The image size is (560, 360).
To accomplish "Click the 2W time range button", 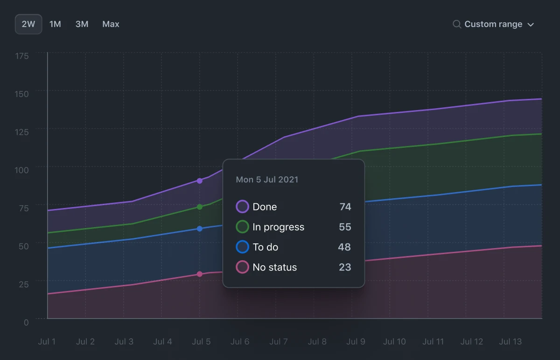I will tap(28, 24).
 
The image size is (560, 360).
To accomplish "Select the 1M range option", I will tap(55, 24).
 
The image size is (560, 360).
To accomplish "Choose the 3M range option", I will tap(82, 24).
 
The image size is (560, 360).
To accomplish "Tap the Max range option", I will tap(111, 24).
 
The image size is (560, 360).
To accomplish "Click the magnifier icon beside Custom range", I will tap(457, 24).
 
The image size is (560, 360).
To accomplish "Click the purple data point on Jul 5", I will tap(200, 181).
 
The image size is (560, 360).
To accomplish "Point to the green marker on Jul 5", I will tap(200, 207).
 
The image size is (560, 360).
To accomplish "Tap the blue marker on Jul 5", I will tap(200, 229).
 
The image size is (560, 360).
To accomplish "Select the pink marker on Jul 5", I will tap(200, 274).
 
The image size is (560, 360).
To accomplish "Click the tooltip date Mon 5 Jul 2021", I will tap(267, 180).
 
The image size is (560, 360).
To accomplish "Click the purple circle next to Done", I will tap(242, 207).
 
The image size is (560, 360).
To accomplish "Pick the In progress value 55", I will tap(345, 227).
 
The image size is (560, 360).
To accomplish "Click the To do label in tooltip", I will tap(265, 247).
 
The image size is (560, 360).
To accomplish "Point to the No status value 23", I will tap(345, 267).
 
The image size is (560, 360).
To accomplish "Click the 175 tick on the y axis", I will tap(22, 56).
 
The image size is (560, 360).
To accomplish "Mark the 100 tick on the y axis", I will tap(22, 170).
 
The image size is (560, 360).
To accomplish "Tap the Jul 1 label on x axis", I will tap(47, 342).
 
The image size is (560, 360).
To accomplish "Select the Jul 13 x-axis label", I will tap(511, 342).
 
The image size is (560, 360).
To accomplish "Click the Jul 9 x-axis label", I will tap(356, 342).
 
